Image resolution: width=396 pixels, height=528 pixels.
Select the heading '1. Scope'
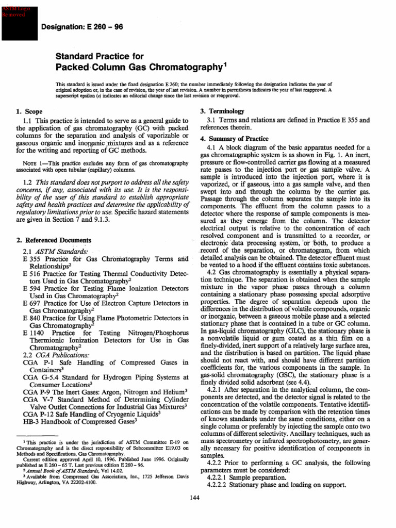[29, 111]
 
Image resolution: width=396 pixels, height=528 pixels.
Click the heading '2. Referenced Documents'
[54, 240]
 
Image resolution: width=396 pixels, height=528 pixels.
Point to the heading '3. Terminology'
[223, 111]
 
